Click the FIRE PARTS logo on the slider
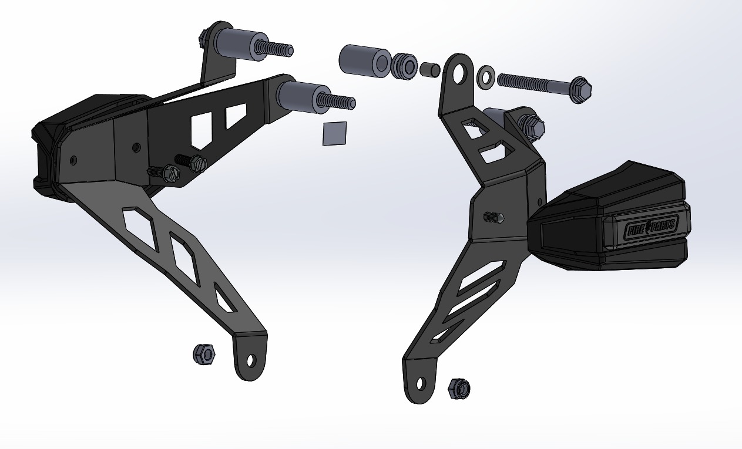coord(651,227)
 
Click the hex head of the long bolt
coord(580,89)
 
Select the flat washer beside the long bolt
coord(485,75)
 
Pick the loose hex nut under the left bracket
coord(204,353)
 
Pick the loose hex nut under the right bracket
coord(459,387)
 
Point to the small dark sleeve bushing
coord(429,70)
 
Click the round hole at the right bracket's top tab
coord(460,71)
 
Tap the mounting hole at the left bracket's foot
coord(251,360)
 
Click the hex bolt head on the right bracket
coord(532,126)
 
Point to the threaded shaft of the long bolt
coord(532,82)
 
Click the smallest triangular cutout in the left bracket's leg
coord(225,299)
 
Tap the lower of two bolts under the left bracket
coord(169,173)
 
